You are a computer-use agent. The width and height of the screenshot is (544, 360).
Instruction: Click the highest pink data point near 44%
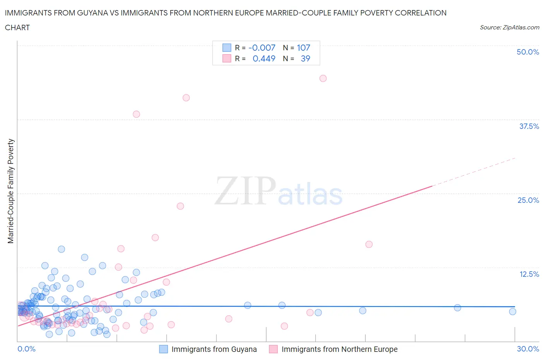coord(323,78)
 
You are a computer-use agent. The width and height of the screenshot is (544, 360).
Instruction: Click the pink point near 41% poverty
coord(186,98)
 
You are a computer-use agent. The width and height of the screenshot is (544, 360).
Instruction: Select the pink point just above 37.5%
coord(136,114)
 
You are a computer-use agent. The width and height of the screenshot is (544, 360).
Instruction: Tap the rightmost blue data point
coord(513,312)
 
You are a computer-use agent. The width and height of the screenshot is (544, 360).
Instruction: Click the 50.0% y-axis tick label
coord(528,52)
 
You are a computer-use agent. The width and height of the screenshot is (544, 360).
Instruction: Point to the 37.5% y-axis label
coord(529,126)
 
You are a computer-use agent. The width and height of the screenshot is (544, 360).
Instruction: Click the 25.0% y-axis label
coord(528,200)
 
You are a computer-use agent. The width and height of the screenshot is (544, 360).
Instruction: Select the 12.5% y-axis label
coord(529,274)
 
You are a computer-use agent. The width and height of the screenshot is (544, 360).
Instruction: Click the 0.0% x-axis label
coord(26,349)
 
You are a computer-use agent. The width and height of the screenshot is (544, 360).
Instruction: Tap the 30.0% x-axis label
coord(528,349)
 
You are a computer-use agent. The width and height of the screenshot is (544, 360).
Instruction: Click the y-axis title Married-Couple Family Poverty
coord(11,191)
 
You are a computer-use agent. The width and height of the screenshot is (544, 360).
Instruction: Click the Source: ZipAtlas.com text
coord(509,27)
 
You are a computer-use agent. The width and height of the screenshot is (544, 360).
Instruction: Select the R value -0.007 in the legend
coord(262,48)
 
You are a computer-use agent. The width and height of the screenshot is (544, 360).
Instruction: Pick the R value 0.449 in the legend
coord(264,58)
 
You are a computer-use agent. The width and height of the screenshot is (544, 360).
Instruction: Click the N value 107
coord(303,48)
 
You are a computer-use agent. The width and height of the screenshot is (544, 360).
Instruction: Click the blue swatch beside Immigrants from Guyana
coord(164,349)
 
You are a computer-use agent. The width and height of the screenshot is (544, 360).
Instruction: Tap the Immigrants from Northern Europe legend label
coord(339,349)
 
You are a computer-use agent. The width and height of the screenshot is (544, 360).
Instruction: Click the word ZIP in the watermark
coord(245,191)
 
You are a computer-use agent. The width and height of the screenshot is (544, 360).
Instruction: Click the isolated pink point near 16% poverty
coord(369,244)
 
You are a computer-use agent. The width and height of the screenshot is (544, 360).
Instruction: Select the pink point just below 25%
coord(180,206)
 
